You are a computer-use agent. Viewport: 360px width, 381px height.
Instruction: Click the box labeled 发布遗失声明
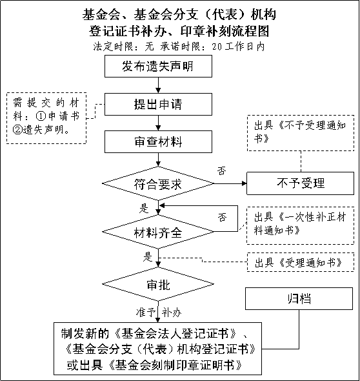click(x=158, y=66)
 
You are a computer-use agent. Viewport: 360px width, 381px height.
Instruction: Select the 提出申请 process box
click(x=158, y=104)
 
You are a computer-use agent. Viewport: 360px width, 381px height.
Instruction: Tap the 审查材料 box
click(x=158, y=141)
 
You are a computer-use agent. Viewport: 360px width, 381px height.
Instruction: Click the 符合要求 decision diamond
click(x=158, y=183)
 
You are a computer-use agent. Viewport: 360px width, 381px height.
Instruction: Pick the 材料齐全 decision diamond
click(x=158, y=232)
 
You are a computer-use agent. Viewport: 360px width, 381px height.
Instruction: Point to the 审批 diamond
click(x=158, y=283)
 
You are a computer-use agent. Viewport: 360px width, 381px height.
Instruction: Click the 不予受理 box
click(x=300, y=183)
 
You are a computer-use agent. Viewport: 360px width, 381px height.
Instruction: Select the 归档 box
click(x=299, y=298)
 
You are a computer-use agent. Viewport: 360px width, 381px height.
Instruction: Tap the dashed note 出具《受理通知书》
click(x=300, y=262)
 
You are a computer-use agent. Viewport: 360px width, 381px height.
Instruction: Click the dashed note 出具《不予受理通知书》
click(x=301, y=133)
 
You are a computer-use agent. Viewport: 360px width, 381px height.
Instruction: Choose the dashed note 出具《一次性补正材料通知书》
click(x=300, y=225)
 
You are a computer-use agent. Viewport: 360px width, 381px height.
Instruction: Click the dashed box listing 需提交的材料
click(x=46, y=118)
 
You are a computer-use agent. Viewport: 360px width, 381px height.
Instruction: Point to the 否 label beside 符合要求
click(x=221, y=171)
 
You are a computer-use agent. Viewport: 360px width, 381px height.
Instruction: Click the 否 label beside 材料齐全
click(x=222, y=217)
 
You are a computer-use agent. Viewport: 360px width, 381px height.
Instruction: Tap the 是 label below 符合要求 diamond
click(x=144, y=209)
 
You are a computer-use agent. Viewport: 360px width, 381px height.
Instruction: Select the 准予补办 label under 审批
click(x=159, y=313)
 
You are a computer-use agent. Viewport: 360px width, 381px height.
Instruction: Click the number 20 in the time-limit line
click(x=217, y=46)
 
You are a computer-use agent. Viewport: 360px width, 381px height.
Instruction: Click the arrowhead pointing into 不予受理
click(x=245, y=183)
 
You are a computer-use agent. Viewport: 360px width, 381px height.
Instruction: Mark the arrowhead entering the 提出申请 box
click(x=158, y=90)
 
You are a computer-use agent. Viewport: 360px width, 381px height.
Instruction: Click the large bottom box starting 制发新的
click(x=157, y=349)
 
